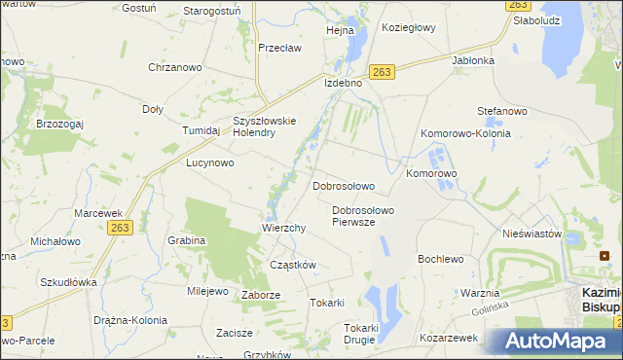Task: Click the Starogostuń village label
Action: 212,11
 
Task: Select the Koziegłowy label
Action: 408,28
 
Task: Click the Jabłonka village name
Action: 473,59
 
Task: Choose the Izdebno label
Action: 343,83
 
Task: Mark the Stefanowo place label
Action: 501,112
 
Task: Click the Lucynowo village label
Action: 210,163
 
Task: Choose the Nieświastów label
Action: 532,234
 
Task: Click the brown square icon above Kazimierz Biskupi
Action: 605,256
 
